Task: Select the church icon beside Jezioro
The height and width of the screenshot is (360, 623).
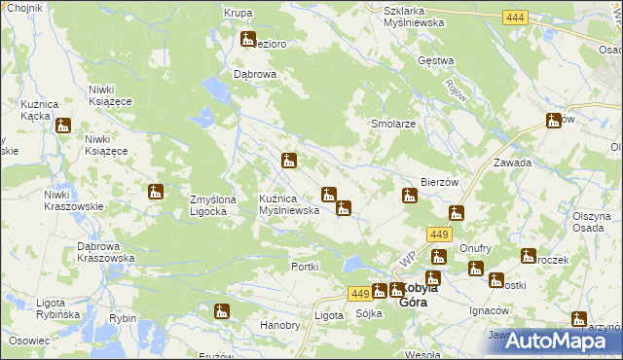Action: (246, 40)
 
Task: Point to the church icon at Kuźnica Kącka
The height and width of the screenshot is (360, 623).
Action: (63, 125)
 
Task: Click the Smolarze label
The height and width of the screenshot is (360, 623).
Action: (393, 125)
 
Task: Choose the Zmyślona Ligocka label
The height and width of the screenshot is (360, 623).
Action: (213, 205)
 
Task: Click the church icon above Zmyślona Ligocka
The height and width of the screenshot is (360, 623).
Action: (155, 193)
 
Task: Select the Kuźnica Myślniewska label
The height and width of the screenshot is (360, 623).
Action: (289, 204)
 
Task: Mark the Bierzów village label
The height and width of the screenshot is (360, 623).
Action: (439, 182)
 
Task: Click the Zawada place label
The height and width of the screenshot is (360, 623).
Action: (512, 163)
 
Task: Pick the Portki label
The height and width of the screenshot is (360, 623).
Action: (306, 267)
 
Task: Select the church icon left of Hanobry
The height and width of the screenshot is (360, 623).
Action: (222, 311)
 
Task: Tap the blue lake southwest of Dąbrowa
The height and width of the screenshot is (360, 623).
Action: (215, 90)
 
